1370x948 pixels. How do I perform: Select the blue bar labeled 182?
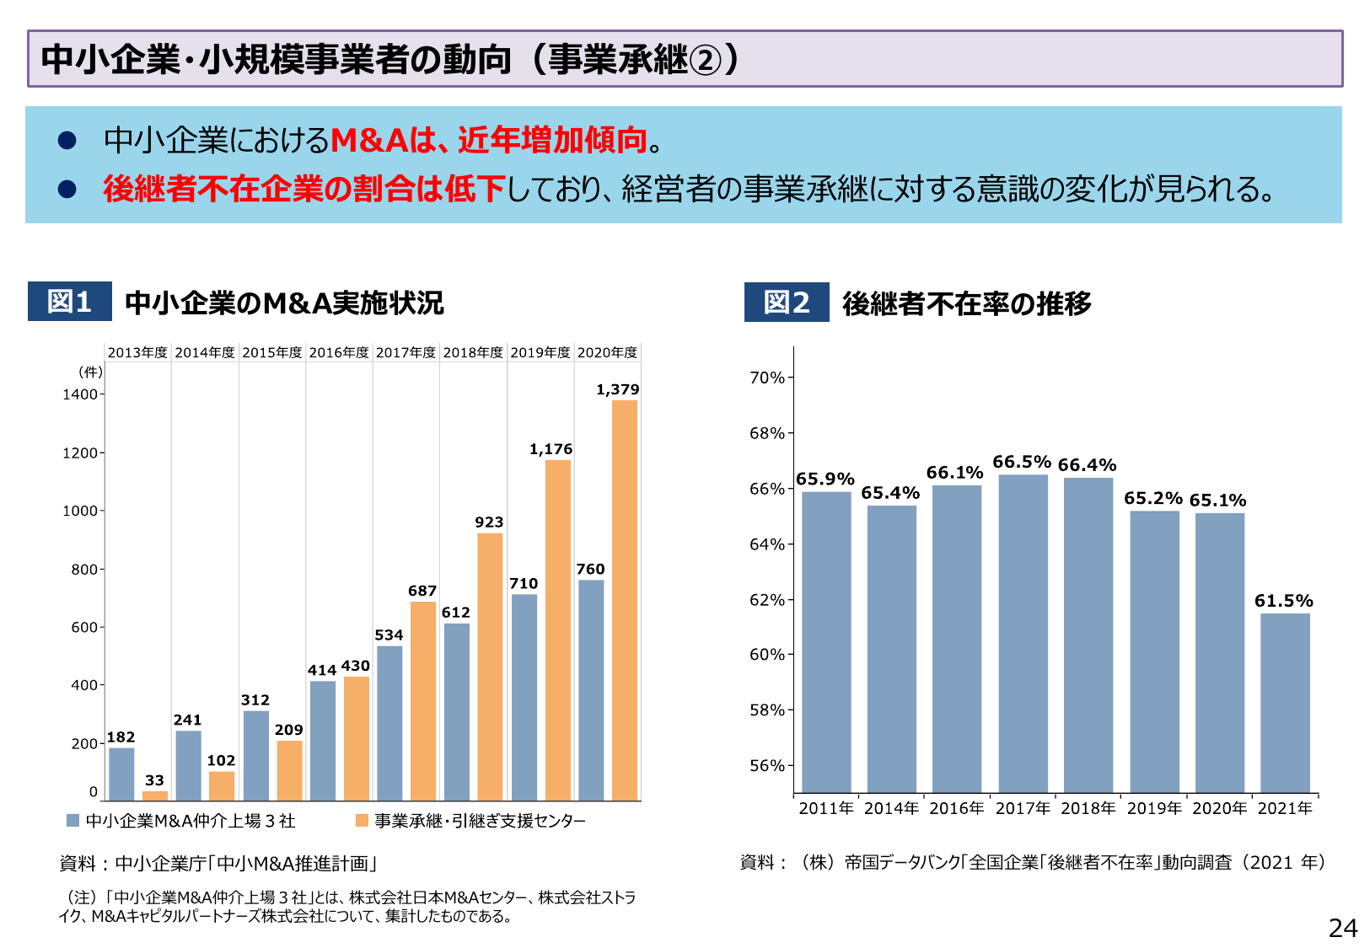pos(121,774)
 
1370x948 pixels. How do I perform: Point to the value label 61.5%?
pos(1283,601)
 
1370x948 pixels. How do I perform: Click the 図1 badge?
pos(69,302)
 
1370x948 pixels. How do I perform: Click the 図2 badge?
pos(786,303)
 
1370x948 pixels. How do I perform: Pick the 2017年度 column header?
pos(406,352)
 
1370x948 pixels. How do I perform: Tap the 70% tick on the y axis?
pos(766,378)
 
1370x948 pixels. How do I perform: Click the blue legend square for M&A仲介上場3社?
pos(73,821)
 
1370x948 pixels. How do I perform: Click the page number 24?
pos(1342,928)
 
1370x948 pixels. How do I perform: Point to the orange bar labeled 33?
pos(155,795)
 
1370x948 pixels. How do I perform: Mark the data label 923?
pos(489,522)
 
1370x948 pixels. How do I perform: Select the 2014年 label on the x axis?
pos(891,808)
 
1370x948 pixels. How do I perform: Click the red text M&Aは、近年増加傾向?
pos(489,140)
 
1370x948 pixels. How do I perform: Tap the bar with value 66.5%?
pos(1023,632)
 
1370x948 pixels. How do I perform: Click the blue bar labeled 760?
pos(591,689)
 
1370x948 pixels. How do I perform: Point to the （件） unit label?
pos(89,372)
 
